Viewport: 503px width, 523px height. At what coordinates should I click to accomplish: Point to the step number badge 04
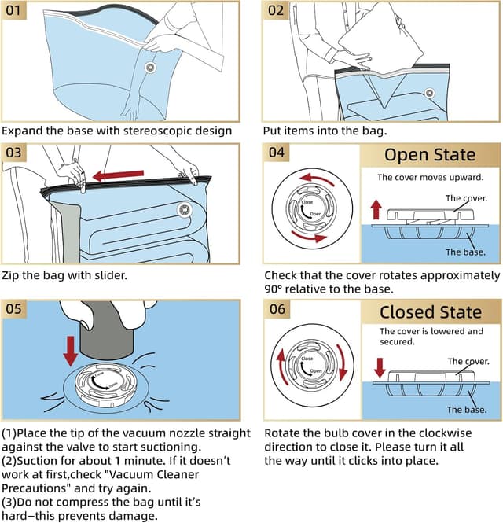277,153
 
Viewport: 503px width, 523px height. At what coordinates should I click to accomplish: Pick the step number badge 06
277,309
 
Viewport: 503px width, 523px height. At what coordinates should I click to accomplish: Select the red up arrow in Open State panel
376,210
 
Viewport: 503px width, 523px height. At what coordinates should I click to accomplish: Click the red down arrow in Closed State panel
379,367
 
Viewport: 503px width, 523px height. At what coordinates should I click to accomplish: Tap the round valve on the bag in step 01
149,68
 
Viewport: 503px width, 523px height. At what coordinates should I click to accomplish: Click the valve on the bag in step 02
430,93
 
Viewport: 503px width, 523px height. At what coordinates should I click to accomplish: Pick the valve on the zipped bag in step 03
185,209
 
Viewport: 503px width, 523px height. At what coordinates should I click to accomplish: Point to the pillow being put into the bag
369,43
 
